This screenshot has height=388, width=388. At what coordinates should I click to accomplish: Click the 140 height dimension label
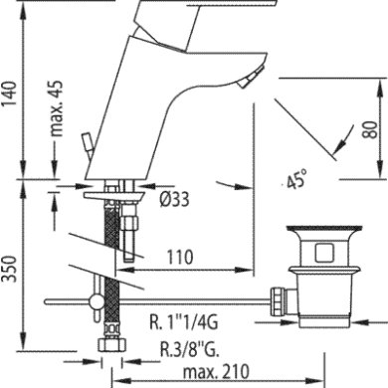pyautogui.click(x=10, y=93)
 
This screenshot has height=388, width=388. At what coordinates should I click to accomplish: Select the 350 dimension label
pyautogui.click(x=10, y=269)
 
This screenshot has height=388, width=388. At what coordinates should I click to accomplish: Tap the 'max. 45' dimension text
pyautogui.click(x=57, y=108)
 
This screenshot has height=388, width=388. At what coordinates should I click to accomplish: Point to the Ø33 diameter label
pyautogui.click(x=174, y=200)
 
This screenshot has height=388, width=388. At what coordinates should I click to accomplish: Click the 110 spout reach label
pyautogui.click(x=179, y=257)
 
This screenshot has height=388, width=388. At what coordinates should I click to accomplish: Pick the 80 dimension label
pyautogui.click(x=370, y=129)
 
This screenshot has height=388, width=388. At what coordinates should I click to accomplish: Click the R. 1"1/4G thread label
pyautogui.click(x=184, y=322)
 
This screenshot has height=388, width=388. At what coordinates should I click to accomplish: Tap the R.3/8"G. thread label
pyautogui.click(x=190, y=349)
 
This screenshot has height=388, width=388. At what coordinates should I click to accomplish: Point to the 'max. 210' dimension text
pyautogui.click(x=216, y=372)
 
